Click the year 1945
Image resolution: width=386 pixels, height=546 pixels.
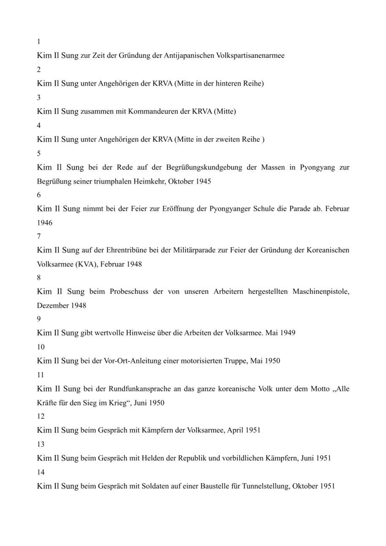pyautogui.click(x=203, y=182)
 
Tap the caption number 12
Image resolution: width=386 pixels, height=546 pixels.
pyautogui.click(x=41, y=416)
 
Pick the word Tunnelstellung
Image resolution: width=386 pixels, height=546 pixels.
pyautogui.click(x=264, y=486)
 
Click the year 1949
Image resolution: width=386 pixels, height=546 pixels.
pyautogui.click(x=287, y=333)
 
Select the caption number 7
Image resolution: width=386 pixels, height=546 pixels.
pyautogui.click(x=39, y=236)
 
